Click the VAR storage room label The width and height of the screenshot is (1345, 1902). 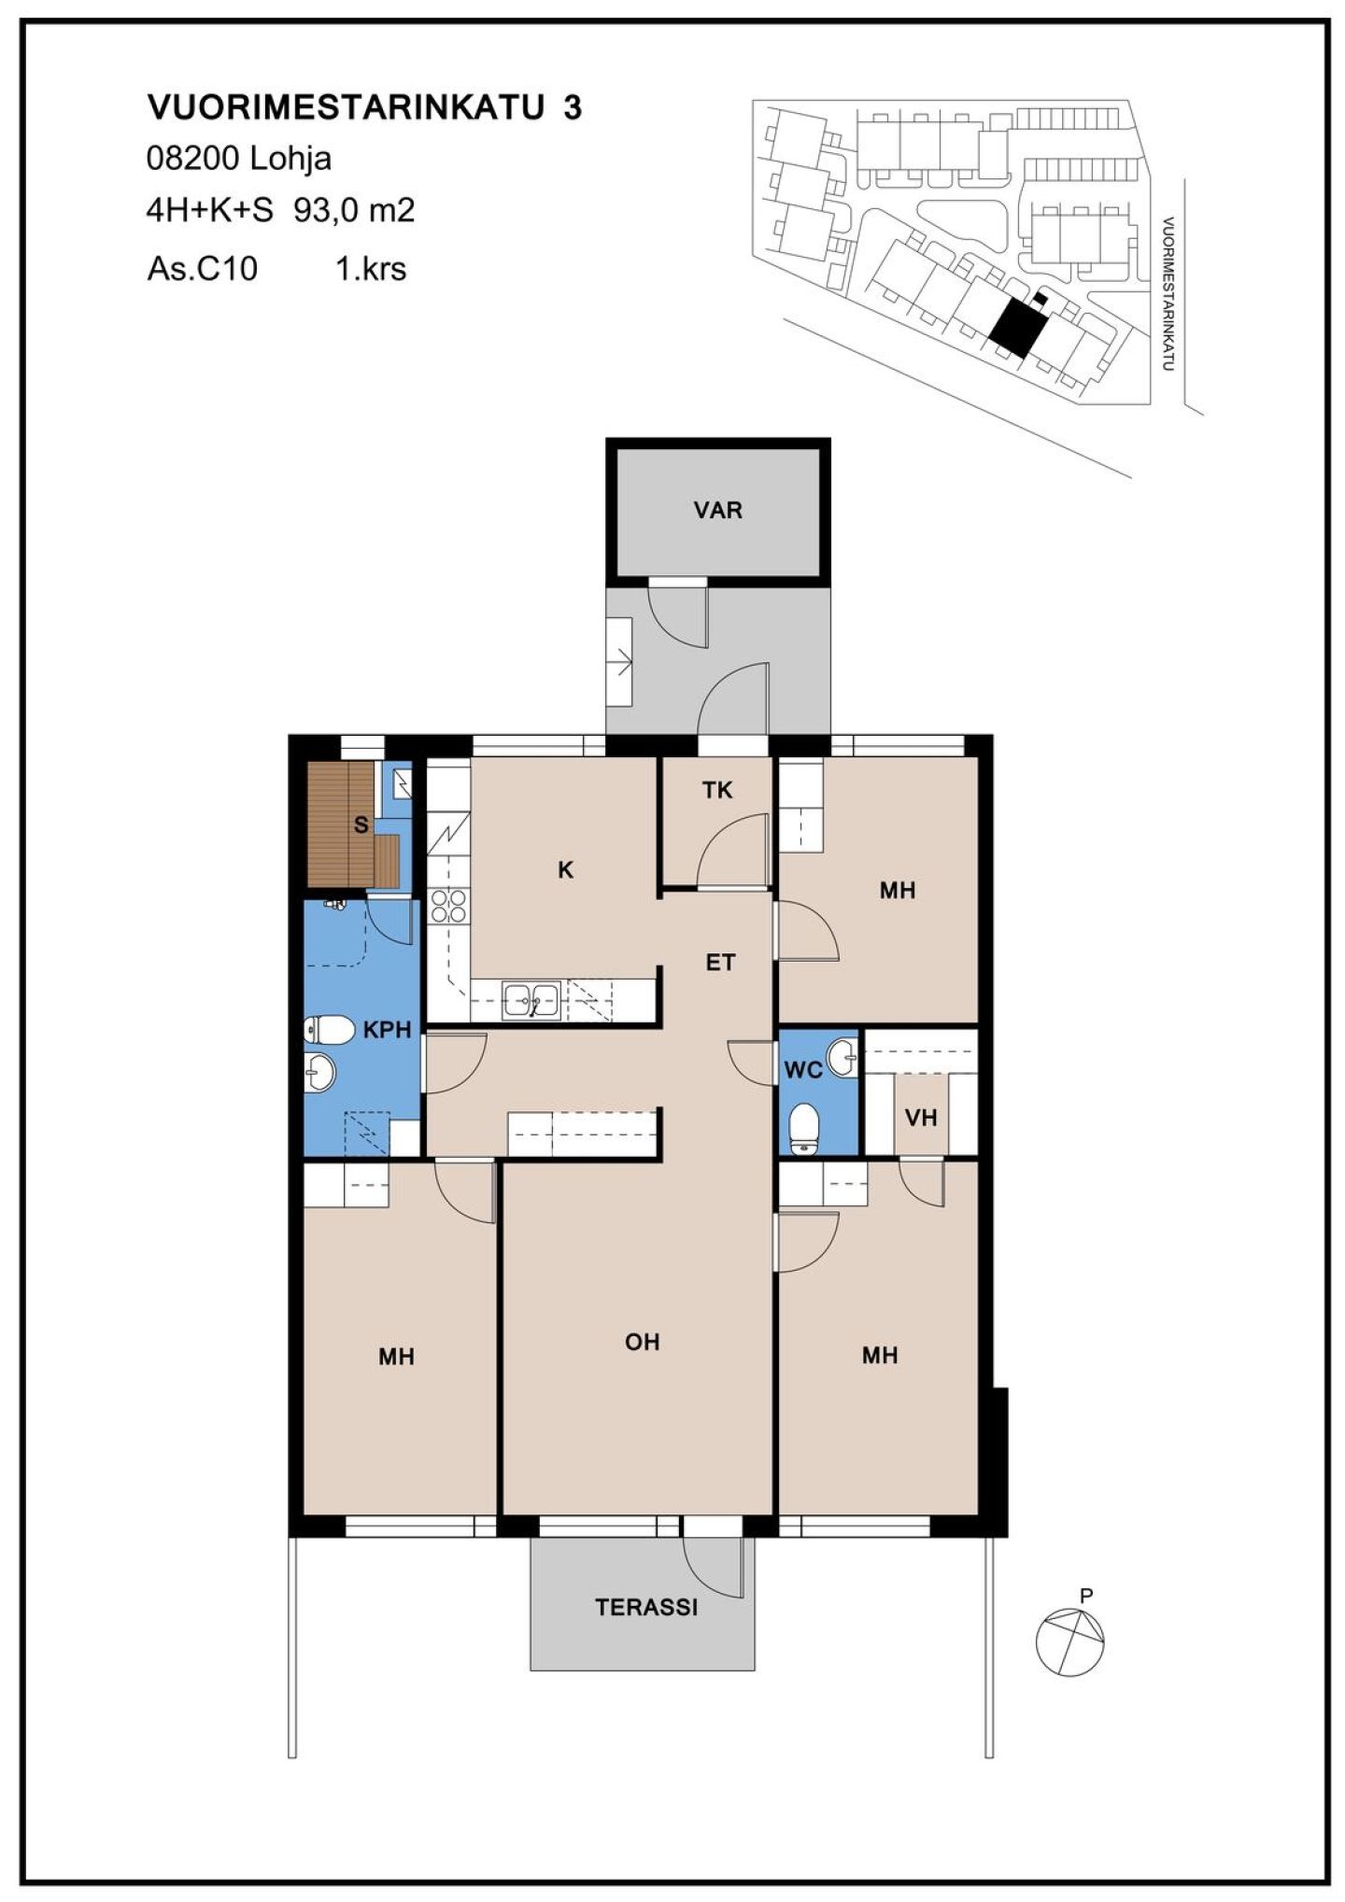(x=717, y=511)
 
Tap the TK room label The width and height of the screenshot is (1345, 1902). (x=717, y=791)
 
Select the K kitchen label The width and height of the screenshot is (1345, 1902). (x=565, y=870)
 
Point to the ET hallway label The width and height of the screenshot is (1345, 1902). (x=720, y=963)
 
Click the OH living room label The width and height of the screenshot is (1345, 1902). (x=643, y=1342)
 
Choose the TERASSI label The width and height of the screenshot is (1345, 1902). (x=646, y=1607)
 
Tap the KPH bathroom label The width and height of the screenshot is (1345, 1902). (x=387, y=1030)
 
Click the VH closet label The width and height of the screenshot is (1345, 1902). (x=921, y=1118)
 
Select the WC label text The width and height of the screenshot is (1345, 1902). (x=803, y=1070)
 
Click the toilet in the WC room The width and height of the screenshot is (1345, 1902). (x=803, y=1127)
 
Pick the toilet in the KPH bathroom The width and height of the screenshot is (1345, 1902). (x=329, y=1030)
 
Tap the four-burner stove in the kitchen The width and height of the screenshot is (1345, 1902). (x=448, y=906)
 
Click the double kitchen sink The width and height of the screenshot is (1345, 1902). (x=531, y=1000)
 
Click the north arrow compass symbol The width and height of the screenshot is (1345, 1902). (x=1070, y=1641)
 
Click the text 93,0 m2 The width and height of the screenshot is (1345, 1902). (x=354, y=211)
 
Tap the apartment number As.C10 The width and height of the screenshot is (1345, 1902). (x=203, y=270)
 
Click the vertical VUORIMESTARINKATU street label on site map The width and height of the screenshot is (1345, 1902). (x=1168, y=294)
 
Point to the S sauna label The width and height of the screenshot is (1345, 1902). (x=361, y=825)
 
